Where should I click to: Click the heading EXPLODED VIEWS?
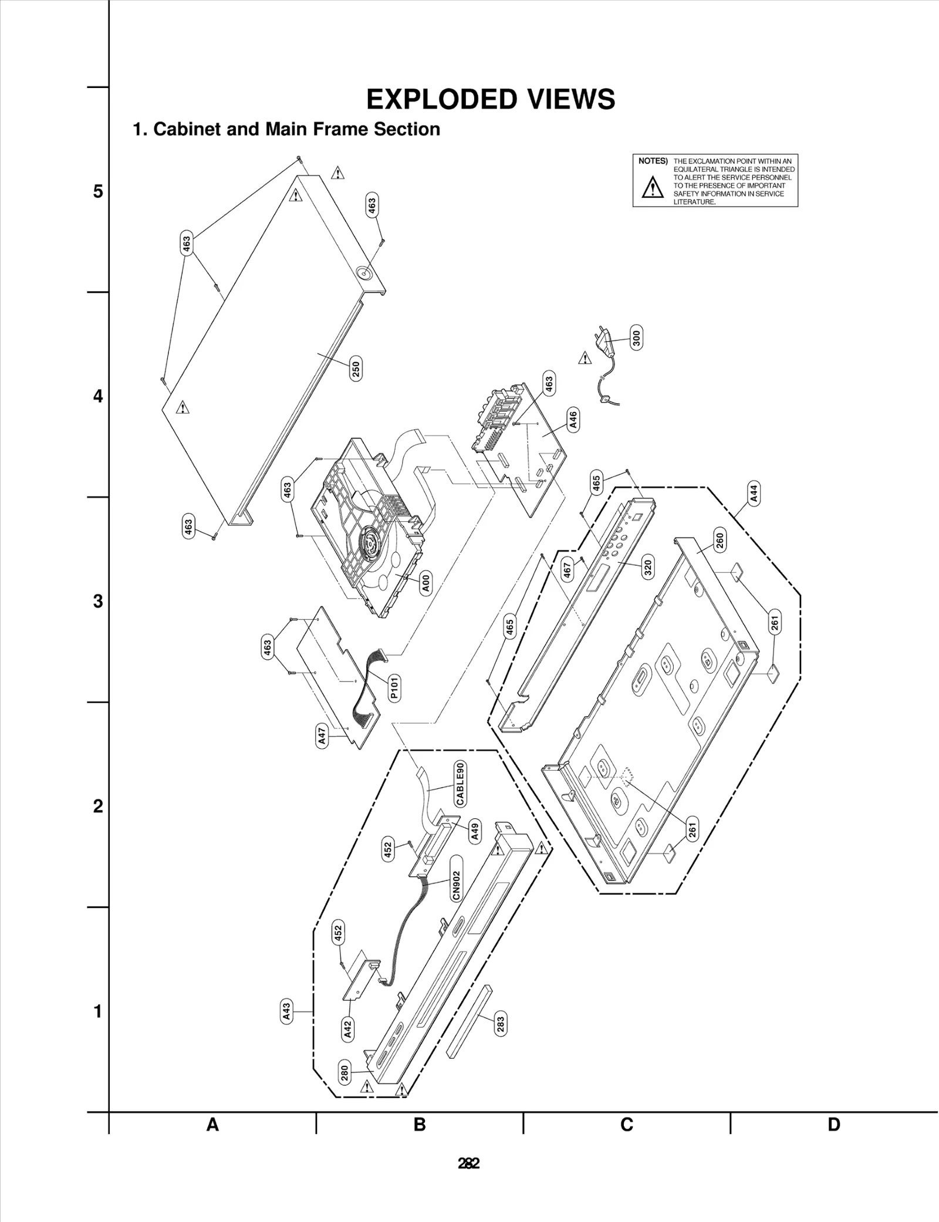(x=491, y=100)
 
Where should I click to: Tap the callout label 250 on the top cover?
(x=356, y=369)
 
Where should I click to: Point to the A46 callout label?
(x=573, y=419)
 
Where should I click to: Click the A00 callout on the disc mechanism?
(x=426, y=583)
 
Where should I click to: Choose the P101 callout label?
(x=394, y=687)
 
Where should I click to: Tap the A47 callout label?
(x=322, y=735)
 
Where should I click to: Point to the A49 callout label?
(x=475, y=831)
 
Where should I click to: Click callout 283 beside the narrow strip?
(x=500, y=1024)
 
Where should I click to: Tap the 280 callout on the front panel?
(x=344, y=1072)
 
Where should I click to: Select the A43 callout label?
(x=286, y=1012)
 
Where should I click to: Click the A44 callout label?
(x=754, y=493)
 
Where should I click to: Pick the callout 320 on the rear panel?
(x=648, y=568)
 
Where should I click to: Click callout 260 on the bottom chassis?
(x=720, y=539)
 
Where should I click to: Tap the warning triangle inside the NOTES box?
(x=652, y=187)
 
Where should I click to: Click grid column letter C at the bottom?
(x=627, y=1125)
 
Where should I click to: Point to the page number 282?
(x=469, y=1163)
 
